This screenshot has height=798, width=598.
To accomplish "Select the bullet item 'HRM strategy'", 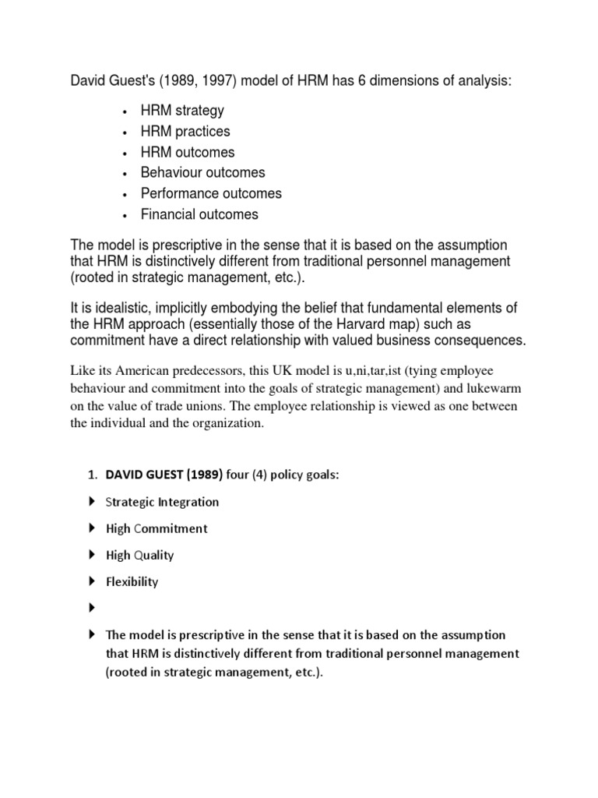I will pyautogui.click(x=181, y=111).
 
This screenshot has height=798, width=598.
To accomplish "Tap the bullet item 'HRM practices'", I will pyautogui.click(x=185, y=132).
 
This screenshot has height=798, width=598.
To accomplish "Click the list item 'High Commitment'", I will pyautogui.click(x=157, y=528).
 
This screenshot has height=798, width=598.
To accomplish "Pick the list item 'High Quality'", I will pyautogui.click(x=139, y=555).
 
